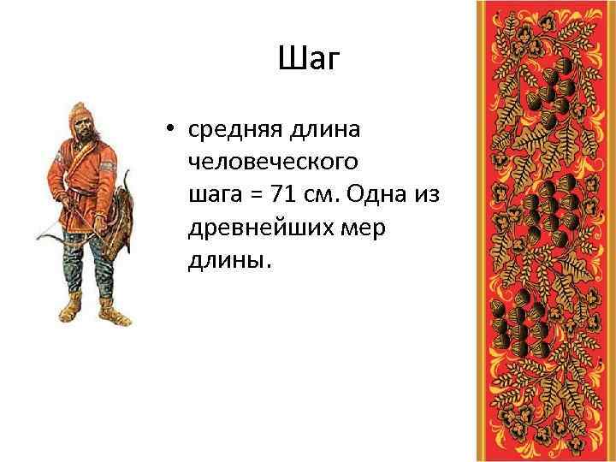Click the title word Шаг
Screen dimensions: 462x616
pos(310,60)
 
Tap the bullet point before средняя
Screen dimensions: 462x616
pos(171,130)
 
